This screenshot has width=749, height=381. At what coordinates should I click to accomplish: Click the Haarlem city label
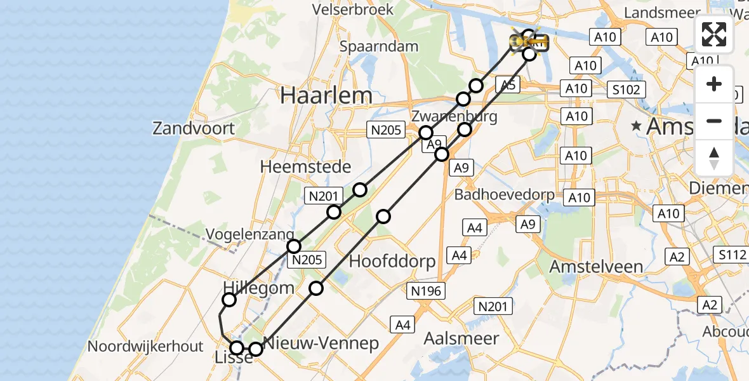coord(326,96)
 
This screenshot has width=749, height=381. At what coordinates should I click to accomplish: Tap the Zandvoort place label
coord(194,128)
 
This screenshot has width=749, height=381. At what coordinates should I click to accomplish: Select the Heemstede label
coord(306,167)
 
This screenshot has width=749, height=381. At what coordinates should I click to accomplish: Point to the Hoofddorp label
coord(392,261)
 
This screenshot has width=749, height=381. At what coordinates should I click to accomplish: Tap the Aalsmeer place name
coord(461,338)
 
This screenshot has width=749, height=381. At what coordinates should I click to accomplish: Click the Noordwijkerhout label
coord(146,347)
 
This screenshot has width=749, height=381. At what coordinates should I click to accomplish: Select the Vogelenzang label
coord(249,234)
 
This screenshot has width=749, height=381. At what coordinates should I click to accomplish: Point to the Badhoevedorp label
coord(505,195)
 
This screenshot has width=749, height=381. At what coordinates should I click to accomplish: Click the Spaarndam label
coord(379,46)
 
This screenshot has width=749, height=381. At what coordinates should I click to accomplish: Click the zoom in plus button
coord(714,84)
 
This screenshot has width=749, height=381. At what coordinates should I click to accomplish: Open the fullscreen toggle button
coord(714,34)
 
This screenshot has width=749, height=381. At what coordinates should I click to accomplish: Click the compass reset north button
coord(714,157)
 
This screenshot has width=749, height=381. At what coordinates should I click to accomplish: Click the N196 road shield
coord(427,291)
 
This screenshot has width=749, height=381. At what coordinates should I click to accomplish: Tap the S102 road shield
coord(626,90)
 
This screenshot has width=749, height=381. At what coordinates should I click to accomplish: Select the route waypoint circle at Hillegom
coord(230,300)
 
